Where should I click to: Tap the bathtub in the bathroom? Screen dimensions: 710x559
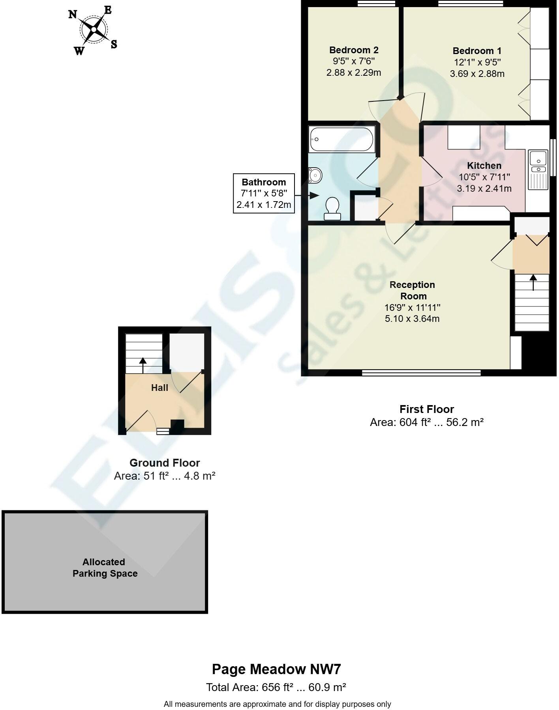pos(341,139)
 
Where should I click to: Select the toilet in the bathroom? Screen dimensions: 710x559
pos(332,209)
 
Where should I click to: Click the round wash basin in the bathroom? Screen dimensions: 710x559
pos(315,175)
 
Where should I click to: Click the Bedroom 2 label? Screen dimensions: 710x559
pos(354,50)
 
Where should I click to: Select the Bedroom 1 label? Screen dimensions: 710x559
pos(477,51)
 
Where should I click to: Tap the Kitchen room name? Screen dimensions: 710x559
pos(484,166)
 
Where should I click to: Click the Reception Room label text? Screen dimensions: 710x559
pos(412,290)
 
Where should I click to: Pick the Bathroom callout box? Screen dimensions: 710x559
pos(264,193)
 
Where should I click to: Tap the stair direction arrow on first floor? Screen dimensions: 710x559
pos(533,282)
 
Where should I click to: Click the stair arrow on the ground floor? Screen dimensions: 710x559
pos(143,365)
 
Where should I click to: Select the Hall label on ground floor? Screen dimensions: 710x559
pos(159,388)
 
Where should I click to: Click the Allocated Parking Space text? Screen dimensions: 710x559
pos(105,568)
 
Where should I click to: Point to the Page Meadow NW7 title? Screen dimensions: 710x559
pos(276,669)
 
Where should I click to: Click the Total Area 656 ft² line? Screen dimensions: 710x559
pos(276,688)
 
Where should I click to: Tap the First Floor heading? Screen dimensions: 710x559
pos(426,409)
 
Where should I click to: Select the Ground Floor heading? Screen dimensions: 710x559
pos(165,463)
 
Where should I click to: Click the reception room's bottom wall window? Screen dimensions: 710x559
pos(421,372)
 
